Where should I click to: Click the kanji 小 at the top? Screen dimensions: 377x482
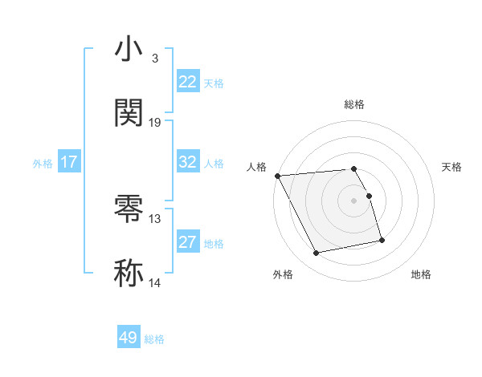coord(129,50)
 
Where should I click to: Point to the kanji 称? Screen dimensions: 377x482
coord(129,272)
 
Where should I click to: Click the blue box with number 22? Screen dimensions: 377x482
coord(188,82)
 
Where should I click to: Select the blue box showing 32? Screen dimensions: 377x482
coord(188,162)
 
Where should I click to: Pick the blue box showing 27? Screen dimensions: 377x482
coord(188,242)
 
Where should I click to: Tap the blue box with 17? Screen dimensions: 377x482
coord(69,162)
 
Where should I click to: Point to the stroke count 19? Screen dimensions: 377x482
coord(155,122)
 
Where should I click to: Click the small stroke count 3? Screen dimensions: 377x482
coord(154,59)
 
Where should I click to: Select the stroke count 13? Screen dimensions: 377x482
coord(155,219)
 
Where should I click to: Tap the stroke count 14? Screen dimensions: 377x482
coord(155,282)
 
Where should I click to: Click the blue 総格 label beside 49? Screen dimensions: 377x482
coord(154,339)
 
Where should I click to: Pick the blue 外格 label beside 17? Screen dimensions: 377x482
coord(43,164)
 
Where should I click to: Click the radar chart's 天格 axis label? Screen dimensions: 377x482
coord(451,167)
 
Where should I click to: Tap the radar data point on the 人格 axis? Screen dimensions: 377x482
coord(277,176)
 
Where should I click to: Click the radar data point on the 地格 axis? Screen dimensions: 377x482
coord(382,240)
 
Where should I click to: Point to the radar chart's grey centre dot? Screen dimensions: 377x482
coord(353,200)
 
